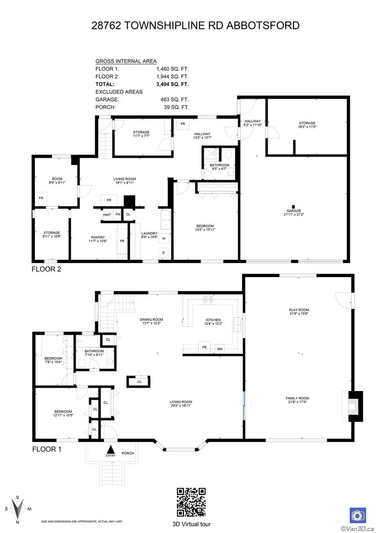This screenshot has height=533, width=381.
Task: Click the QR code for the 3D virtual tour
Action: [x=191, y=501]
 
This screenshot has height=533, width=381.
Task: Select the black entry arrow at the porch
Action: [x=111, y=449]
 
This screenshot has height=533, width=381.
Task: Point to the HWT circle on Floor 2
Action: [x=107, y=215]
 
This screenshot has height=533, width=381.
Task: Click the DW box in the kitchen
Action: [x=220, y=348]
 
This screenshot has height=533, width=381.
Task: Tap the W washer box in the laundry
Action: [x=163, y=238]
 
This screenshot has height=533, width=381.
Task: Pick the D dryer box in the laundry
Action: [x=163, y=252]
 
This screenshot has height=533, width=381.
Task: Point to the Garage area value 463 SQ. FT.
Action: [x=176, y=99]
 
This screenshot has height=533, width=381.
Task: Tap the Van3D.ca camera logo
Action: [x=358, y=515]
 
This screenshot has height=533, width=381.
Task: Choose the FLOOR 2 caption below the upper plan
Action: [x=46, y=269]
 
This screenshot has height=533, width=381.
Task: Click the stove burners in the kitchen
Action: [x=209, y=300]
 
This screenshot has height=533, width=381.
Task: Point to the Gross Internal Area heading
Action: [x=125, y=61]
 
